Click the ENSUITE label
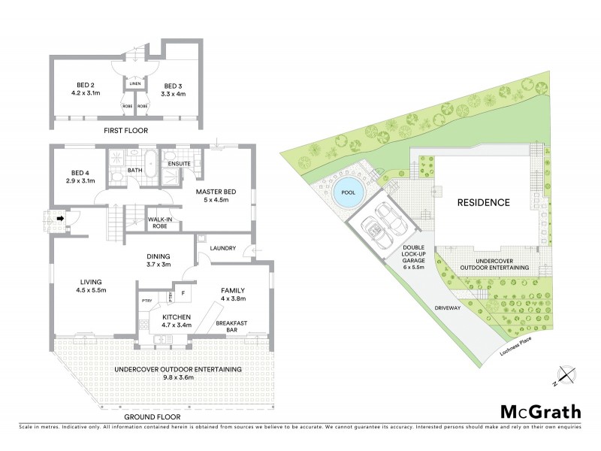coord(178,163)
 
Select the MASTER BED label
coord(216,192)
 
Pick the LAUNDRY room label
coord(224,248)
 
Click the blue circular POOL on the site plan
coord(346,192)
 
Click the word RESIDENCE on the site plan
coord(484,203)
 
